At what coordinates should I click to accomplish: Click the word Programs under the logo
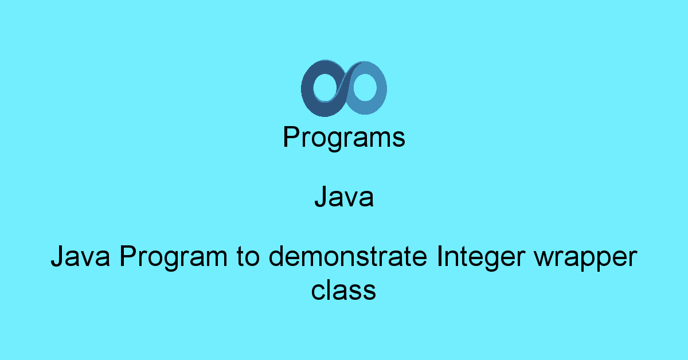tap(344, 138)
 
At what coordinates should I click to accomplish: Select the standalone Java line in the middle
tap(344, 197)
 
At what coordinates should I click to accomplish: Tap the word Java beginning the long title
tap(80, 256)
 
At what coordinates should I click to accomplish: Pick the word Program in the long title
tap(174, 257)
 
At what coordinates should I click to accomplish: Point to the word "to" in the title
tap(248, 257)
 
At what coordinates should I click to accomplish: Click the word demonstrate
tap(348, 256)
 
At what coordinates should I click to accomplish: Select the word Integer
tap(481, 257)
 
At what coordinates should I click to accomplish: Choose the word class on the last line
tap(343, 289)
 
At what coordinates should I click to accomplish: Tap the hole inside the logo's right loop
tap(365, 87)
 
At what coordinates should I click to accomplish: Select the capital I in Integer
tap(439, 256)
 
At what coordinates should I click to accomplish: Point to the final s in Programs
tap(398, 139)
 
